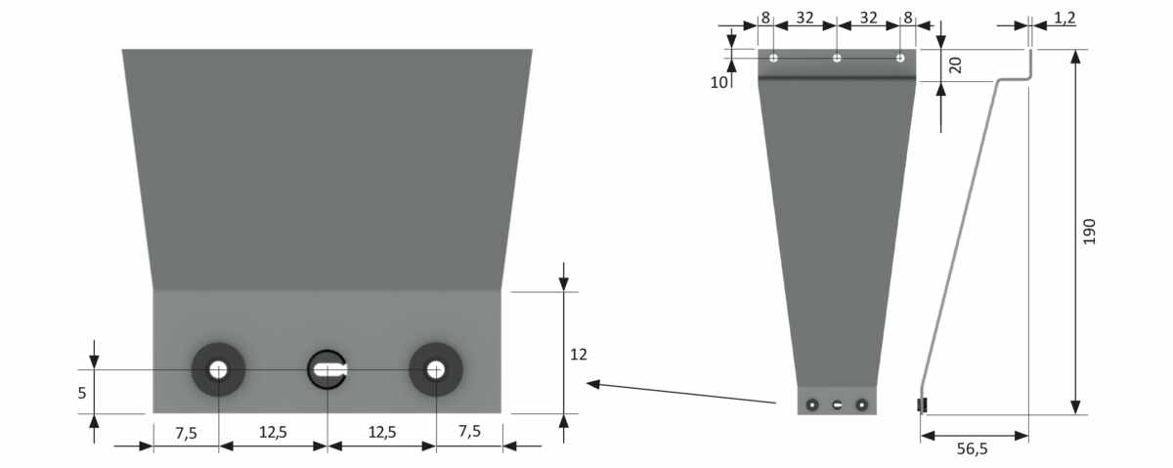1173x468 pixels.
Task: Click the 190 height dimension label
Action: [1089, 232]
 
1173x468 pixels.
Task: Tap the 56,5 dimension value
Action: [972, 448]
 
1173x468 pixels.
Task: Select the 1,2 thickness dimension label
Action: [1064, 18]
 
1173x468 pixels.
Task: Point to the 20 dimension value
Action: [955, 64]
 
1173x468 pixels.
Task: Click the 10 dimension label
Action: [719, 82]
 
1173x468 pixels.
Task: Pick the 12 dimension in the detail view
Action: [579, 355]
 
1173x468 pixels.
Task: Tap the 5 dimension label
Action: [82, 393]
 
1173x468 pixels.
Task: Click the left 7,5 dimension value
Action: [186, 433]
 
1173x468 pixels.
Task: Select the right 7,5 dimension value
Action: [470, 431]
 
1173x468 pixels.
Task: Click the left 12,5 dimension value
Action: [273, 432]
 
